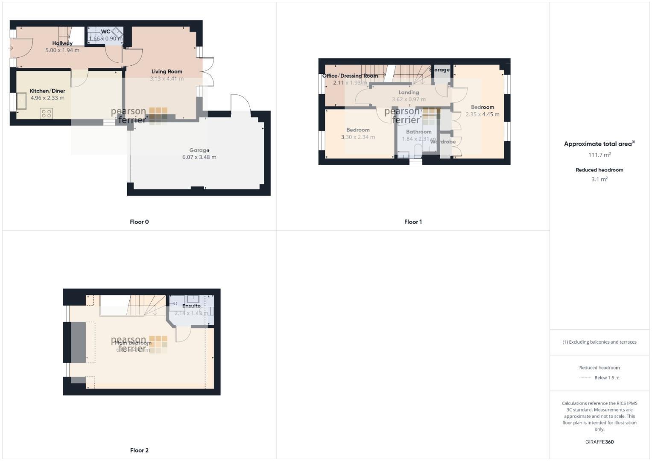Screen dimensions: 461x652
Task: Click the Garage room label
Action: click(x=199, y=150)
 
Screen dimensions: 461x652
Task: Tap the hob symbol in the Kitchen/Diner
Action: click(x=46, y=114)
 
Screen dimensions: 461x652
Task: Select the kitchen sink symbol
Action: click(x=22, y=101)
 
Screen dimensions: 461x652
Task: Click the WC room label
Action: click(x=105, y=32)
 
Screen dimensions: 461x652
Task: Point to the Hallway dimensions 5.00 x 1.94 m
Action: click(x=62, y=50)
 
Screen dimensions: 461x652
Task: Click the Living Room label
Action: click(x=167, y=72)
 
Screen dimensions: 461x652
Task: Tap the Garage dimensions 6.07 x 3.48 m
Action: click(x=199, y=157)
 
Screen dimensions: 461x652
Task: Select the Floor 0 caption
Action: click(x=139, y=222)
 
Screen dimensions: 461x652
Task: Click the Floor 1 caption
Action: click(x=413, y=222)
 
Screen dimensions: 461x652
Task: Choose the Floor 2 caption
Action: click(x=139, y=450)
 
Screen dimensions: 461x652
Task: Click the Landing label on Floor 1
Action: click(x=409, y=92)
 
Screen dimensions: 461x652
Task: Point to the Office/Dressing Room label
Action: click(x=350, y=76)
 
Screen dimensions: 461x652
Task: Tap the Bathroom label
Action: click(x=418, y=132)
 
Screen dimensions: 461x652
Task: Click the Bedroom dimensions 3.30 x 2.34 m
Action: click(x=358, y=137)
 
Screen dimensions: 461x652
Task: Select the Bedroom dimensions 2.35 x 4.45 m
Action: click(x=482, y=114)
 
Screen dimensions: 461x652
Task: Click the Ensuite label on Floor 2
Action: click(x=191, y=306)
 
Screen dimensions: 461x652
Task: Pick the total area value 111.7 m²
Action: click(x=599, y=155)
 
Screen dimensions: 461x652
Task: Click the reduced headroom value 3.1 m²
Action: click(x=599, y=179)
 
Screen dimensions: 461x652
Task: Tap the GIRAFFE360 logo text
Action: click(x=599, y=442)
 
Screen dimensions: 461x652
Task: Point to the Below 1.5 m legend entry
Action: click(x=606, y=378)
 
